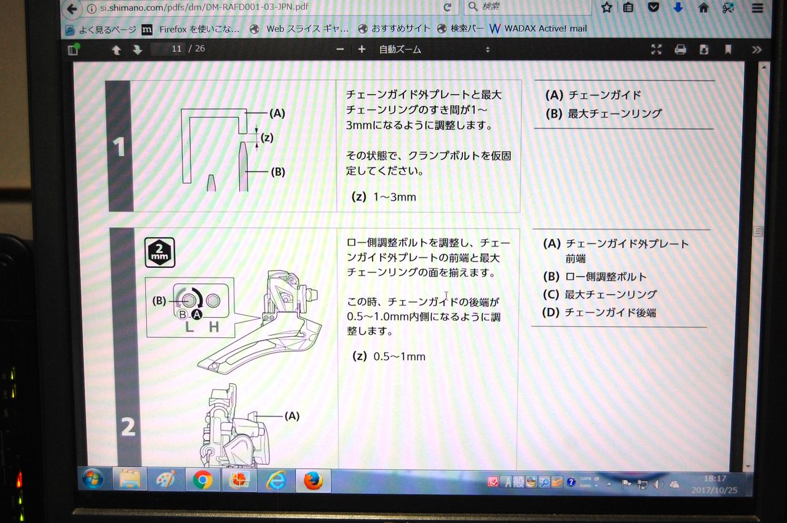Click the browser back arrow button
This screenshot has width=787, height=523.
click(x=72, y=9)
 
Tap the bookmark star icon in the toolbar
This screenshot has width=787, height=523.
click(x=607, y=7)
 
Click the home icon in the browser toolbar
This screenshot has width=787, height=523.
click(x=703, y=8)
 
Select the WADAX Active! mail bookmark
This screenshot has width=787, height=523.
click(x=538, y=28)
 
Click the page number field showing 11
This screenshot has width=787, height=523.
click(x=168, y=49)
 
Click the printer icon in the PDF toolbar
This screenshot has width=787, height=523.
click(x=680, y=50)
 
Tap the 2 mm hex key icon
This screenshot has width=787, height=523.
click(x=159, y=253)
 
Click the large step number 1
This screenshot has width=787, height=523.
click(x=119, y=146)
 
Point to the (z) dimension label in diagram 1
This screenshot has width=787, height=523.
click(x=267, y=137)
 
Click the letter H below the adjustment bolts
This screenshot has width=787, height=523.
click(x=213, y=327)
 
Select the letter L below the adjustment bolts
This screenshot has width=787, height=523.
click(x=189, y=327)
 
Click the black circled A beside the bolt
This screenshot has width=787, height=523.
click(x=197, y=315)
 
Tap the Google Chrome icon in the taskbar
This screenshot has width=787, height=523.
click(x=202, y=480)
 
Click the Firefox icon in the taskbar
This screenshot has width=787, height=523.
click(x=313, y=480)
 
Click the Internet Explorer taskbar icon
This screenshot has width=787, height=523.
click(x=277, y=480)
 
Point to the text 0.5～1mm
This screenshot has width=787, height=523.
click(x=399, y=356)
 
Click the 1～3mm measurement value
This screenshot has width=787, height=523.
click(x=395, y=197)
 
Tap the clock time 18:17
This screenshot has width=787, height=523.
click(x=714, y=478)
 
